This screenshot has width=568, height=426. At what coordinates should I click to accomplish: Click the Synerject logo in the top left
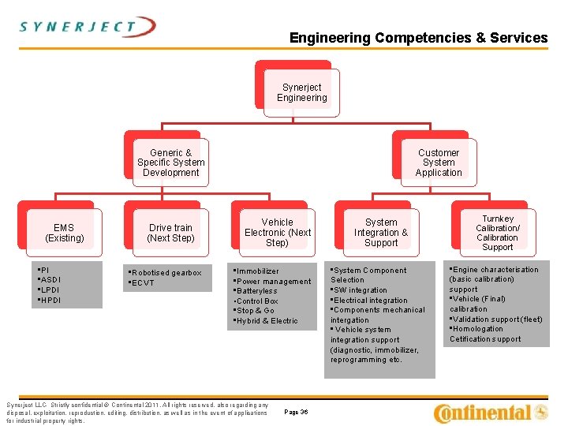coord(88,28)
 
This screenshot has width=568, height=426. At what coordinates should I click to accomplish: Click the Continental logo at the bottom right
coord(491,412)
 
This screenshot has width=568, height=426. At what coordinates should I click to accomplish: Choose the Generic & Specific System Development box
coord(170,163)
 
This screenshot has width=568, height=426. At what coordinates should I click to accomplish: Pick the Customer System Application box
coord(439,163)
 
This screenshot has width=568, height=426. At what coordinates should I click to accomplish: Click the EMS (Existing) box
coord(64,233)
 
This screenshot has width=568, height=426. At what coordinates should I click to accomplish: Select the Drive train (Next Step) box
coord(170,233)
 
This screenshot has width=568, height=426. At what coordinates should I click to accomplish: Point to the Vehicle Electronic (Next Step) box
coord(277,233)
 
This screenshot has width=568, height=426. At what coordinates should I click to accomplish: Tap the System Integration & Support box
coord(381,233)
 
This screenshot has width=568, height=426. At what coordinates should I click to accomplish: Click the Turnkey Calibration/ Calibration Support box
coord(497,233)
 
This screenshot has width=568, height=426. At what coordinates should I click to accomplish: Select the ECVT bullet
coord(144,283)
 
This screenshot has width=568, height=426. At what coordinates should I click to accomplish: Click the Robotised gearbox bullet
coord(166,273)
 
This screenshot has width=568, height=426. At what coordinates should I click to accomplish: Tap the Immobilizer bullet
coord(258,271)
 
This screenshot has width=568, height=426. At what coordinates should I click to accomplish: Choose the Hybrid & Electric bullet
coord(267,321)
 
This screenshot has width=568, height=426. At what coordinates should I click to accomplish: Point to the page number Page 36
coord(296,412)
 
